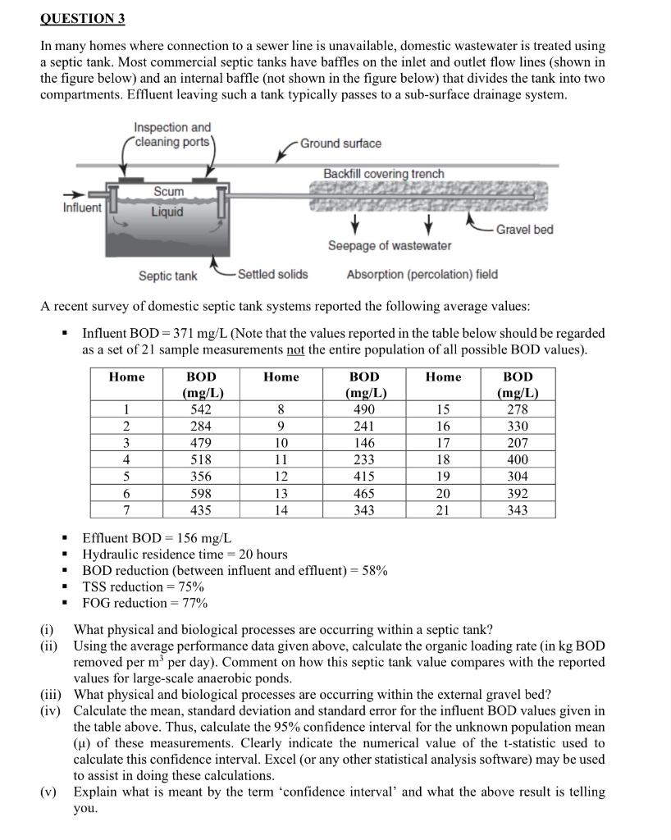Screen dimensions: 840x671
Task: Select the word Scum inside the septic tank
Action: (169, 191)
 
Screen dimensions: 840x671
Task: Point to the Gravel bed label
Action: (525, 229)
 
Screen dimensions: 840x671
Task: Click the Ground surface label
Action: (340, 144)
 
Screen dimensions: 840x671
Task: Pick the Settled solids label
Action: (273, 274)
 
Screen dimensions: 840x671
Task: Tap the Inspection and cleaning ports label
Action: (172, 134)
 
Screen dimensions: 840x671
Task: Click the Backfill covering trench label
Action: (383, 174)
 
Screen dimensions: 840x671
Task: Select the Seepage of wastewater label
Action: (389, 246)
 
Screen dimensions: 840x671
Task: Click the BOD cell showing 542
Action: (200, 409)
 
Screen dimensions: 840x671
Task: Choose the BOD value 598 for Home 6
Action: (200, 494)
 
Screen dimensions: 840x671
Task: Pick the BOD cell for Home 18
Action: (518, 460)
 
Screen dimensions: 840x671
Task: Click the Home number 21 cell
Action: (443, 510)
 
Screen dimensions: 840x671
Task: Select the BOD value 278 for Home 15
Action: (518, 409)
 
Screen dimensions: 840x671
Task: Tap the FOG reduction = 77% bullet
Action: (144, 603)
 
